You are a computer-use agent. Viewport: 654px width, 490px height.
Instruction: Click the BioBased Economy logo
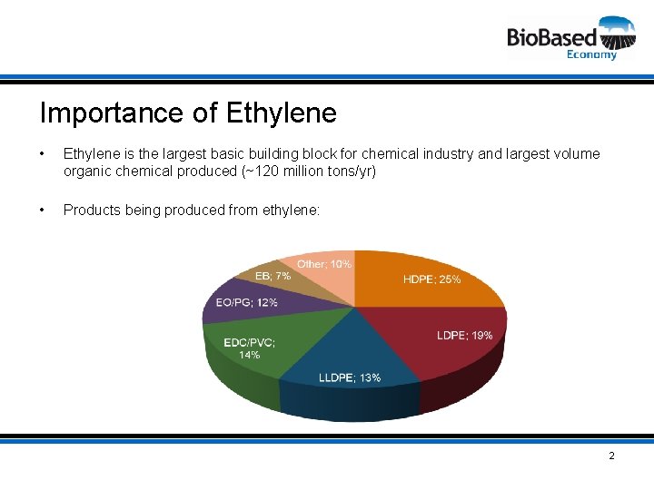point(571,37)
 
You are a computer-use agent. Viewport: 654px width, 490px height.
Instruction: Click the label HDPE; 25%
point(431,279)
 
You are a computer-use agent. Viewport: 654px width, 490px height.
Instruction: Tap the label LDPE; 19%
point(464,336)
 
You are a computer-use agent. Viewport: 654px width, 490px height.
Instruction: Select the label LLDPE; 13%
point(350,377)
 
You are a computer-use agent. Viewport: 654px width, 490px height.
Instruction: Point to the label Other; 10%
point(324,264)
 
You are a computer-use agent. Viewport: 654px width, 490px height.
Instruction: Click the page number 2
point(611,456)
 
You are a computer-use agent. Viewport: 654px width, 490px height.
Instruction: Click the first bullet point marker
point(44,154)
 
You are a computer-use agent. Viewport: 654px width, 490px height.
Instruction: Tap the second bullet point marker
point(44,211)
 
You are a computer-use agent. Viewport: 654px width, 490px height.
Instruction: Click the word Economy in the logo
point(591,54)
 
